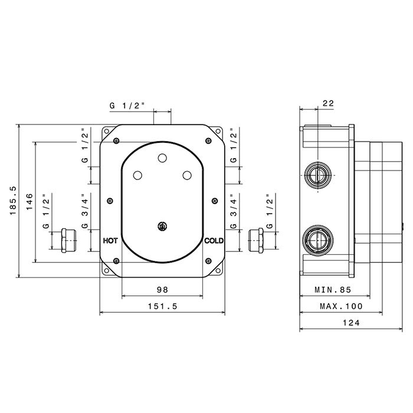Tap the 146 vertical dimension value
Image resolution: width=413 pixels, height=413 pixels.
coord(28,201)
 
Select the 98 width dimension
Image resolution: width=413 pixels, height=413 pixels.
coord(163,289)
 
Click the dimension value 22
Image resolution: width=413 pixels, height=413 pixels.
coord(329,103)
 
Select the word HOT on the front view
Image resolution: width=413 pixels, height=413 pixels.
coord(110,241)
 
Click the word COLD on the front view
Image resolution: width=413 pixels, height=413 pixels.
coord(214,241)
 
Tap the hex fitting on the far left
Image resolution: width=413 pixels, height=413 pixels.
coord(68,240)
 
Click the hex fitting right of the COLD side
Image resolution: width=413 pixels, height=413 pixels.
coord(256,240)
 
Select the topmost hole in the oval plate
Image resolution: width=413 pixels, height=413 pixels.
coord(162,158)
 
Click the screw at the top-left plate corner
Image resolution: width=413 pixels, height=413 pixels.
coord(116,140)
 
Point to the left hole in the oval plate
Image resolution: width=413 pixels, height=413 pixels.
coord(137,175)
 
